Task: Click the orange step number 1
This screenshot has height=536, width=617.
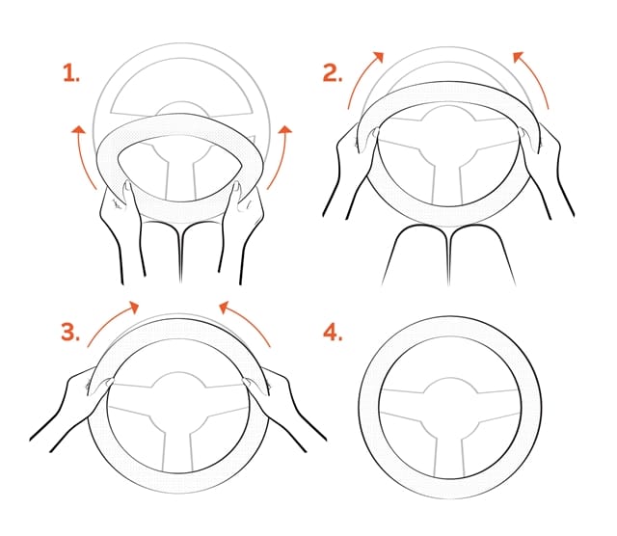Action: pos(70,73)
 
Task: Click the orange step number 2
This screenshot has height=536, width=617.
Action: pos(333,73)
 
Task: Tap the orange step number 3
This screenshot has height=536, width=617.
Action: pos(70,332)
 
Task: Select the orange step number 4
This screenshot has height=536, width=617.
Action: pos(333,332)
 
